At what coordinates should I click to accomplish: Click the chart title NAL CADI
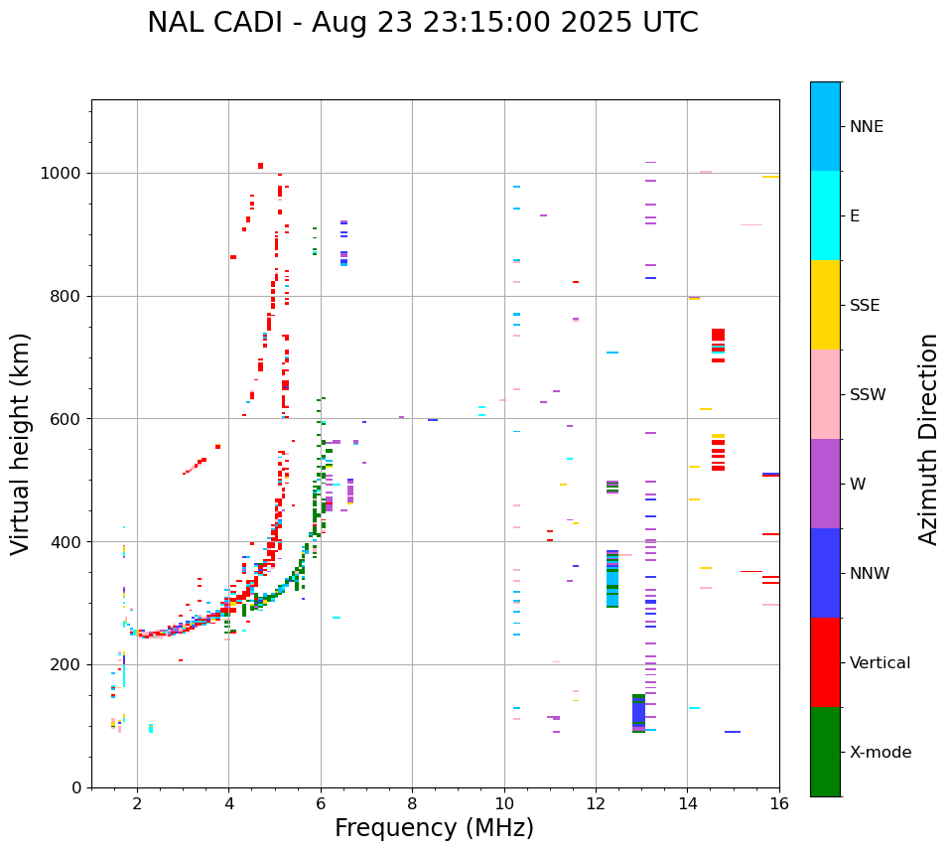[422, 23]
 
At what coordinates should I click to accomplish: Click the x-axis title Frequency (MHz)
[434, 828]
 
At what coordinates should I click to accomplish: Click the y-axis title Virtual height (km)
[21, 443]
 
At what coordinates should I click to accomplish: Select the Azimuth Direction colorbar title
[928, 439]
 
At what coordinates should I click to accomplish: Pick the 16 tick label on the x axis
[778, 803]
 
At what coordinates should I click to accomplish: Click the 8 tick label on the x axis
[412, 803]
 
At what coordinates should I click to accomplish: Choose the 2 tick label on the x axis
[137, 803]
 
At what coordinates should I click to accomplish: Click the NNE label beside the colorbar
[866, 127]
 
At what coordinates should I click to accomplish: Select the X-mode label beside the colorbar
[880, 753]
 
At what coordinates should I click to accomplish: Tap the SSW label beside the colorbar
[867, 395]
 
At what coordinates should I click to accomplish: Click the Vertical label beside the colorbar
[880, 663]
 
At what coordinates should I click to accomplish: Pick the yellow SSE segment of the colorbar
[825, 305]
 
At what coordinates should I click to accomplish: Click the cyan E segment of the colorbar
[825, 215]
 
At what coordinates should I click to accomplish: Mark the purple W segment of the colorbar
[825, 484]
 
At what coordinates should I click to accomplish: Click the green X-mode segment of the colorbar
[825, 752]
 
